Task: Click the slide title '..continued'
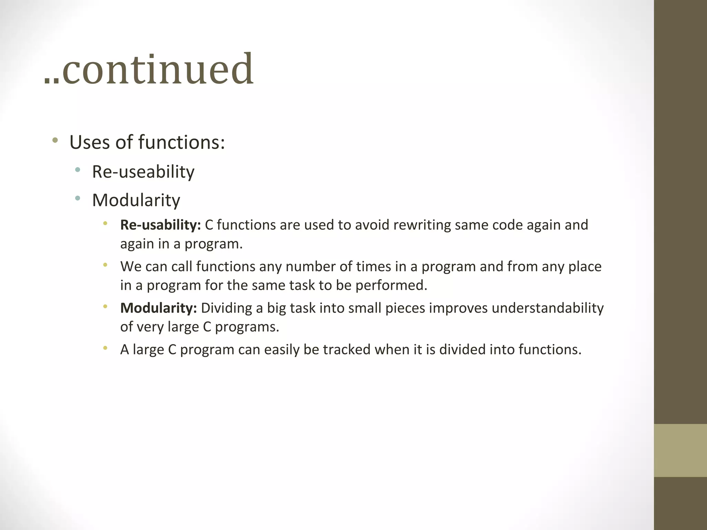point(149,70)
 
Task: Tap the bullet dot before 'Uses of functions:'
point(55,140)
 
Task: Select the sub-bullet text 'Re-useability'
point(143,172)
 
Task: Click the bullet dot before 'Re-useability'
point(78,169)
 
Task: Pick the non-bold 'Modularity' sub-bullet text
point(136,200)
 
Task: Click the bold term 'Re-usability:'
point(161,225)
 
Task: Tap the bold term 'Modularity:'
point(158,308)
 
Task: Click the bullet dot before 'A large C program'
point(105,348)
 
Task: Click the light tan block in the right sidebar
point(680,450)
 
